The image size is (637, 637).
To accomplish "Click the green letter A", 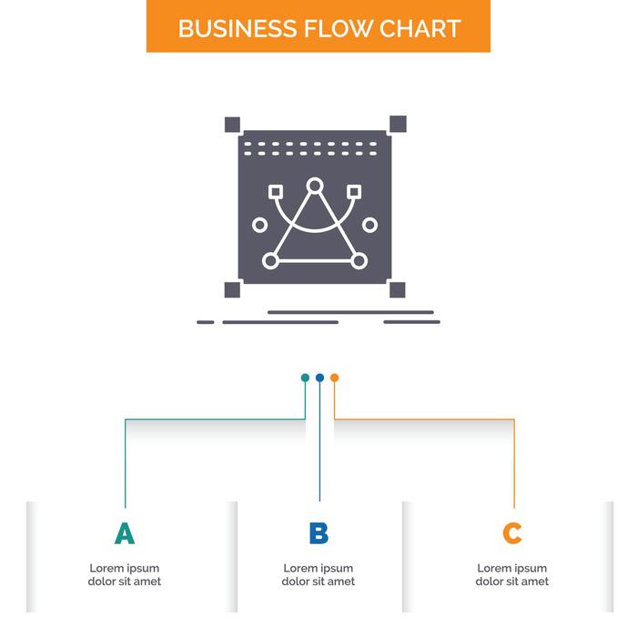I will [125, 534].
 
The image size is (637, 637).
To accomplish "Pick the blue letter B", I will [318, 534].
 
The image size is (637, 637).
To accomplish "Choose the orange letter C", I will [512, 534].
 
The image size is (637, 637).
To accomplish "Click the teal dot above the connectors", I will [306, 378].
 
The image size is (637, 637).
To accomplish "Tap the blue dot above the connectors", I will [319, 378].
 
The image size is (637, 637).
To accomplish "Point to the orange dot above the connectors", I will [334, 378].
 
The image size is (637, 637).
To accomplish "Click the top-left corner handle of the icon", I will [232, 125].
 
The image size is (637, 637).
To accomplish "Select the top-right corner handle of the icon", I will [398, 124].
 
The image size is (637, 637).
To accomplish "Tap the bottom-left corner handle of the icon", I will [232, 289].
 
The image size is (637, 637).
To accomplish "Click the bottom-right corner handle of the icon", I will [398, 289].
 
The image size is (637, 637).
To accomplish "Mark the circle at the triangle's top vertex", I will [315, 187].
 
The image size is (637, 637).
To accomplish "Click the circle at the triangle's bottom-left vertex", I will [270, 261].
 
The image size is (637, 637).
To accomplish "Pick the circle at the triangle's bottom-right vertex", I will [359, 261].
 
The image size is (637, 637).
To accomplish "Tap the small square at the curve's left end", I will [276, 192].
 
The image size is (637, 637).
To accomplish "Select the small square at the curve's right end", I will [354, 192].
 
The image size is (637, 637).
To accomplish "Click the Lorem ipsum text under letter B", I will [318, 575].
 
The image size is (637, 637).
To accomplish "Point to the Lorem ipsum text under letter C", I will [512, 575].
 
